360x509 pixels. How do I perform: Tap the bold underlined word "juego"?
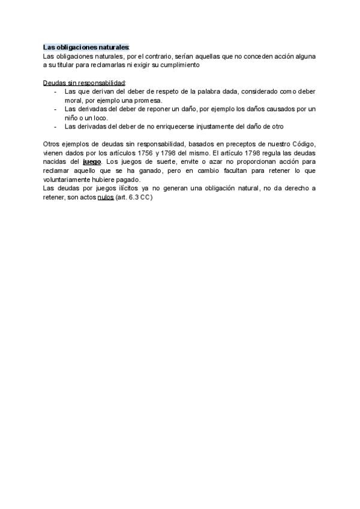pos(91,162)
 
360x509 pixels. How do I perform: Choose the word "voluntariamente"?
pos(70,180)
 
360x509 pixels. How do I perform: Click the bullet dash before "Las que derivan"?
pos(55,91)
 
